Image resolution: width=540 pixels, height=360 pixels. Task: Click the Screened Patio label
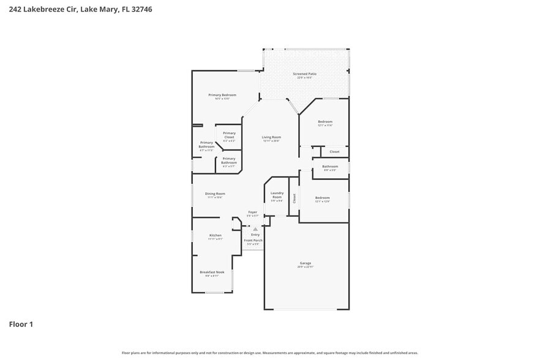pyautogui.click(x=304, y=73)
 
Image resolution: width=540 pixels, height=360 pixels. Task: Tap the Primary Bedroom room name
pyautogui.click(x=222, y=95)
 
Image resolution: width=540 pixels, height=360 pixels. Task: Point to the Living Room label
pyautogui.click(x=271, y=137)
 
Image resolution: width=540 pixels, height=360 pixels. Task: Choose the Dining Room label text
pyautogui.click(x=215, y=193)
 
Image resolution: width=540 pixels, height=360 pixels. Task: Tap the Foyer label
pyautogui.click(x=252, y=212)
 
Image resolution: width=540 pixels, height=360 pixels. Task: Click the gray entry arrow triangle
pyautogui.click(x=255, y=229)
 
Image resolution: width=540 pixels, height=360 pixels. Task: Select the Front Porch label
pyautogui.click(x=253, y=240)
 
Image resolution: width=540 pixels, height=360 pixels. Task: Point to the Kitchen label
pyautogui.click(x=215, y=235)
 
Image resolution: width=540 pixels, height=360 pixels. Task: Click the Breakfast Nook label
pyautogui.click(x=212, y=272)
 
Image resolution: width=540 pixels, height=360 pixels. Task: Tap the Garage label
pyautogui.click(x=305, y=263)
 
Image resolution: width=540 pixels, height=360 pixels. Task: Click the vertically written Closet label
pyautogui.click(x=294, y=198)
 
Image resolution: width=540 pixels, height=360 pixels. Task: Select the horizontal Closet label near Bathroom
pyautogui.click(x=334, y=152)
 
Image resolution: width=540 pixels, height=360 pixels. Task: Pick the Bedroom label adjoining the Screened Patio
pyautogui.click(x=324, y=122)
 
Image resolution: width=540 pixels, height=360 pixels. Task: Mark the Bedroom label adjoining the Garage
pyautogui.click(x=322, y=198)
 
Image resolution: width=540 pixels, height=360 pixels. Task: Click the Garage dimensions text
pyautogui.click(x=305, y=267)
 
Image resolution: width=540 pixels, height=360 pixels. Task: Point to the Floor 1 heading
pyautogui.click(x=21, y=324)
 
